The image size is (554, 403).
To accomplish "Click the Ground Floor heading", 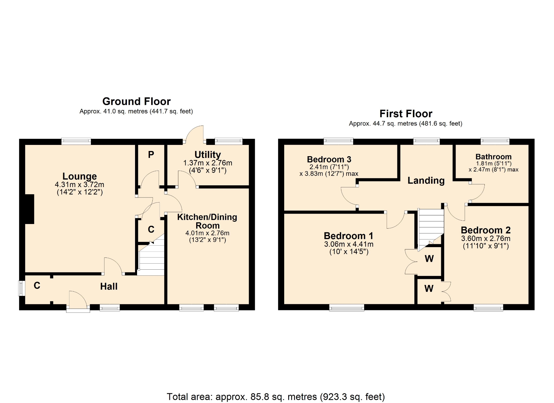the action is tap(136, 101).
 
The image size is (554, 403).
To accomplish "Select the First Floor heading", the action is tap(406, 113).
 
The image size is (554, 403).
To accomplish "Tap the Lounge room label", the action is tap(80, 176).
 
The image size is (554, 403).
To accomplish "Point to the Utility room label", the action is tap(207, 155).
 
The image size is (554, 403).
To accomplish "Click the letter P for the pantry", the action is tap(151, 155).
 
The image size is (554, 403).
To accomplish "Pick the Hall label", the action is tap(109, 286).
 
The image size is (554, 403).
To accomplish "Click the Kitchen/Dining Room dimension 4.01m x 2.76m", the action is tap(207, 233).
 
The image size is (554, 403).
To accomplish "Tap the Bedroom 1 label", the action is tap(349, 236).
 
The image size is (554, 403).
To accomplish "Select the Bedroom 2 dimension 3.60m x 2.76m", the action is tap(486, 238).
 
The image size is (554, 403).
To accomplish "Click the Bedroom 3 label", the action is tap(329, 159).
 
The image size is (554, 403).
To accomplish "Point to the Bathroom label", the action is tap(493, 157).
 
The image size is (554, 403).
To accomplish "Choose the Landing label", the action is tap(426, 180).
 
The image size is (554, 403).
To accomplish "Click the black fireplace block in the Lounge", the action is tap(29, 209).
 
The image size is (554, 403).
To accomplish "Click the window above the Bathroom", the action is tap(495, 141).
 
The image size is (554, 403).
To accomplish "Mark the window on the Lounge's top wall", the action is tap(76, 141).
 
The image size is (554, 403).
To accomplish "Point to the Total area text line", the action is tap(276, 397).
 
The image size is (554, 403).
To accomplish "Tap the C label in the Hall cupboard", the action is tap(37, 286).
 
